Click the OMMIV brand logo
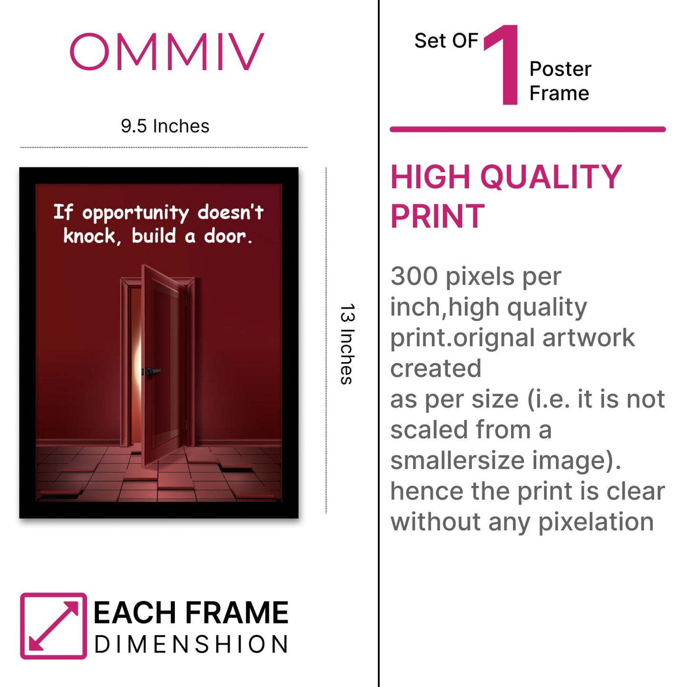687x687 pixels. click(167, 51)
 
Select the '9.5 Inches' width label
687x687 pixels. click(164, 126)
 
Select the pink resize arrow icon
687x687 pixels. click(53, 626)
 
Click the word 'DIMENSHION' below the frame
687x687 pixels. click(192, 644)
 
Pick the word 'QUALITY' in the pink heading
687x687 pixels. click(551, 177)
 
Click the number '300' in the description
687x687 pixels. click(414, 276)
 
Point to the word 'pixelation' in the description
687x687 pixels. click(596, 522)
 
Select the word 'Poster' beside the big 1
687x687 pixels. click(560, 69)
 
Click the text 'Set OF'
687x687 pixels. click(446, 40)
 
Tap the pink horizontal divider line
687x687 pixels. click(528, 129)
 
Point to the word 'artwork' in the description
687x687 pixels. click(589, 338)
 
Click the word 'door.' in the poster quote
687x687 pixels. click(228, 236)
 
